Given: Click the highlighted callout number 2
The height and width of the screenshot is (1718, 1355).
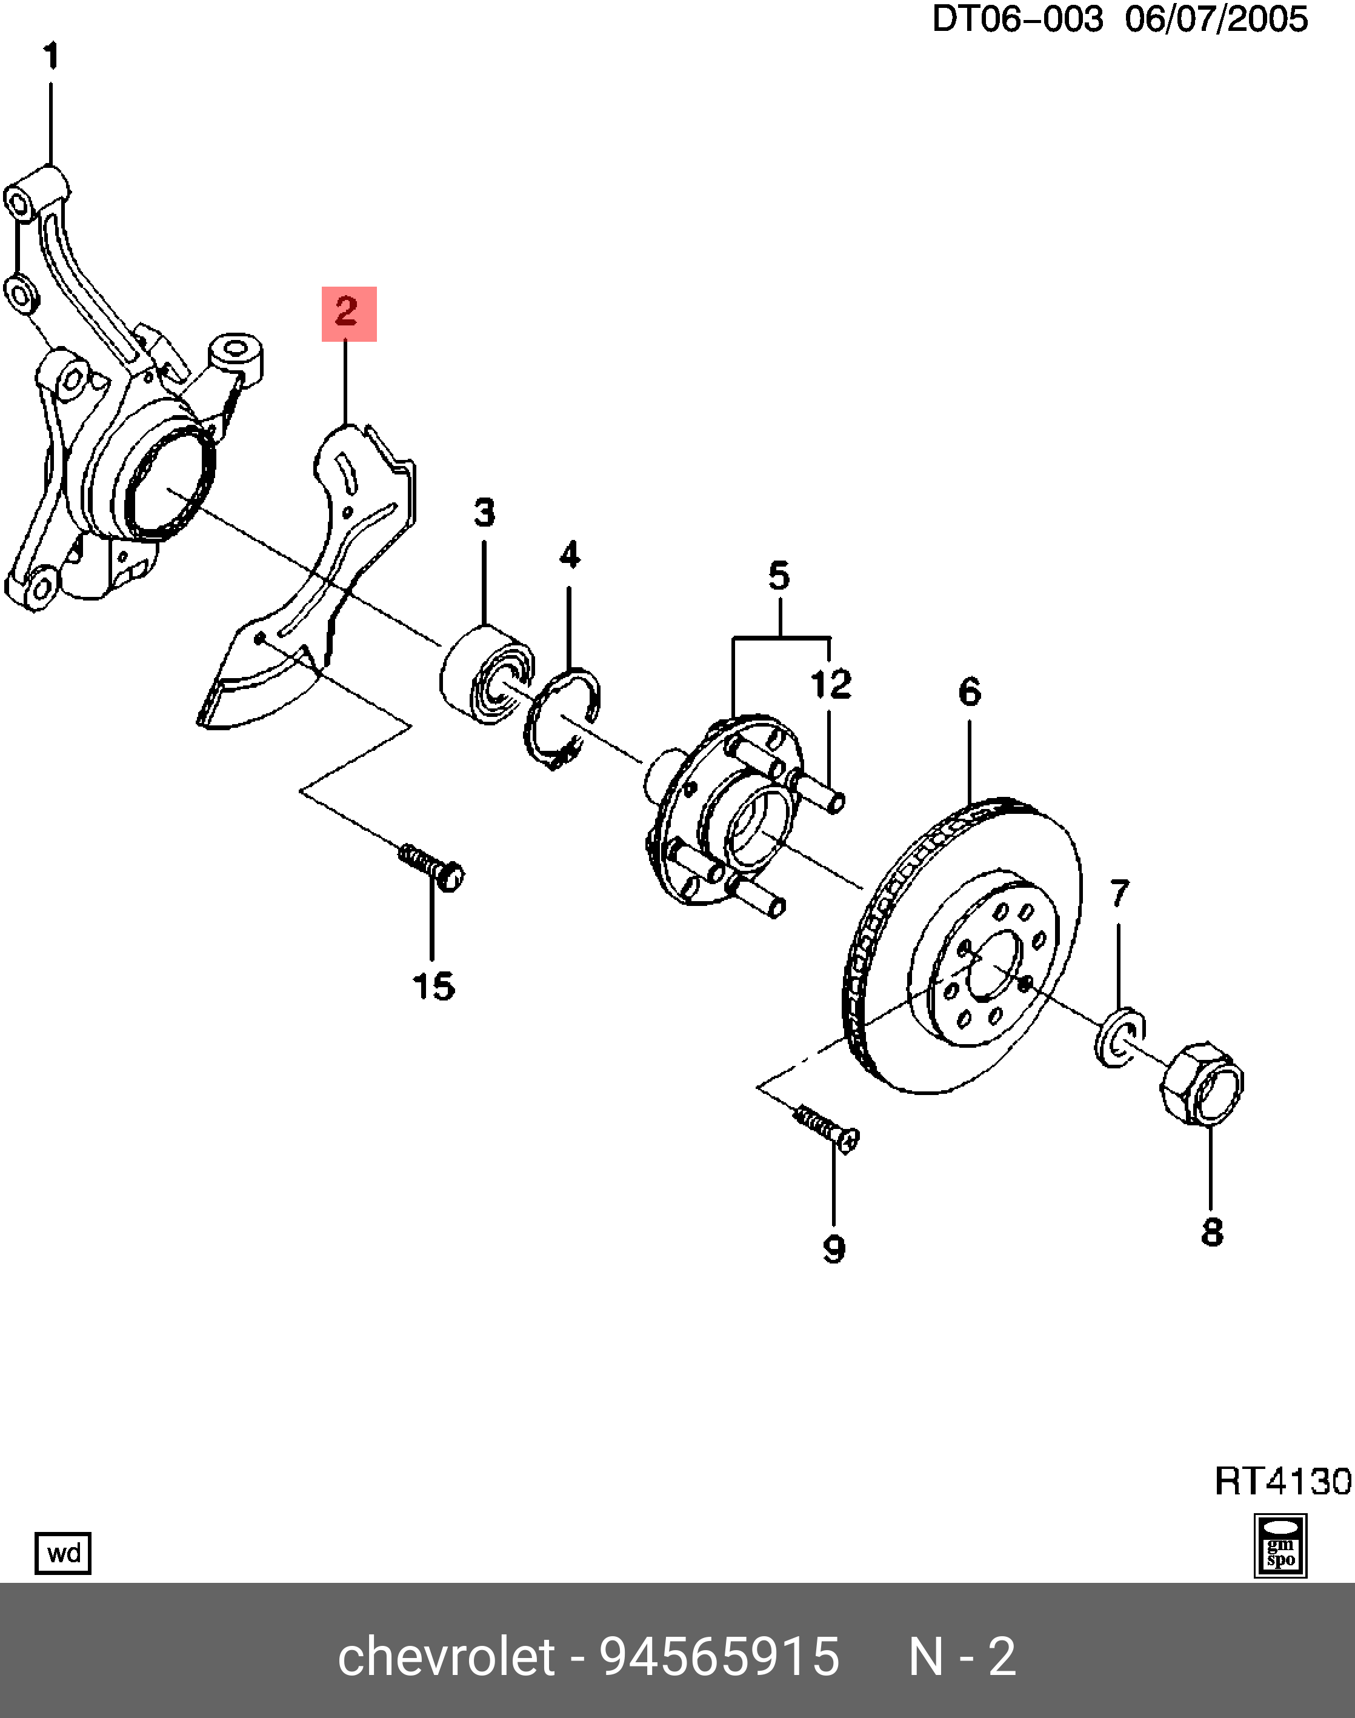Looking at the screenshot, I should click(x=348, y=313).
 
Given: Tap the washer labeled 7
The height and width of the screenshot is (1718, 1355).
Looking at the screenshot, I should click(x=1119, y=1037).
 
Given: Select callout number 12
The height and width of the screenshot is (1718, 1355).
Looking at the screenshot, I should click(x=831, y=684).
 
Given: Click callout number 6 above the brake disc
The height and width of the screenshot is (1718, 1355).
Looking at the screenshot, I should click(x=970, y=691).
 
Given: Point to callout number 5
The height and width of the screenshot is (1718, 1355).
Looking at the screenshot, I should click(x=779, y=576).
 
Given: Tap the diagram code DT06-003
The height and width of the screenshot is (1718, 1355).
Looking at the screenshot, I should click(x=1017, y=19).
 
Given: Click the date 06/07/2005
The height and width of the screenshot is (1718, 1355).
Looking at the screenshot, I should click(x=1216, y=19).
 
